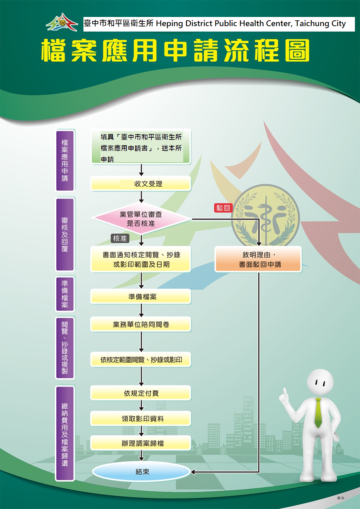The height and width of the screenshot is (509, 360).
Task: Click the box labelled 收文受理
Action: pos(141,183)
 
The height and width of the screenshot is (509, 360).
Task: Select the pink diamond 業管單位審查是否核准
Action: pos(141,219)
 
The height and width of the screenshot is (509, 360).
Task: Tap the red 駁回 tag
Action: pos(223,208)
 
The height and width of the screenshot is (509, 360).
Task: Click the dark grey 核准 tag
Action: pos(120,238)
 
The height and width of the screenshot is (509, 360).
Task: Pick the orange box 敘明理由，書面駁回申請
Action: pos(258,259)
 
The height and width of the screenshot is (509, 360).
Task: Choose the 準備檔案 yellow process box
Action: pos(141,296)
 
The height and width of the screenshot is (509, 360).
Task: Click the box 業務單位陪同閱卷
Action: pos(141,324)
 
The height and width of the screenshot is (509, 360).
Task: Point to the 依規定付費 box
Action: pos(141,393)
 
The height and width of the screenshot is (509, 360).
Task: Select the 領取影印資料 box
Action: pos(141,418)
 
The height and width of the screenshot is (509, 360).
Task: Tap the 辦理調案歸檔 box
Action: pos(141,443)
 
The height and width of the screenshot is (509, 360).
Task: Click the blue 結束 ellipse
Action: pos(141,472)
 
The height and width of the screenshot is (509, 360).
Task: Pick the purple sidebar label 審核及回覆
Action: pos(65,234)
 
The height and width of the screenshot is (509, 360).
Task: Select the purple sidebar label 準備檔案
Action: pos(65,294)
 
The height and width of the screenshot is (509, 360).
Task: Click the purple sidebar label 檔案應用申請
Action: pos(65,161)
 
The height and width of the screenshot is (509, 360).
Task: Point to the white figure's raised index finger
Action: pos(284,391)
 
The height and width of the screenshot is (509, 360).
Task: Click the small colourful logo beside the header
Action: pos(62,22)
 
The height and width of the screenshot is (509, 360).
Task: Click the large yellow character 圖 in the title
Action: pos(297,50)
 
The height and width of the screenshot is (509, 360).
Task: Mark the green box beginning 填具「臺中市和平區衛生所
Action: pos(141,146)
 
